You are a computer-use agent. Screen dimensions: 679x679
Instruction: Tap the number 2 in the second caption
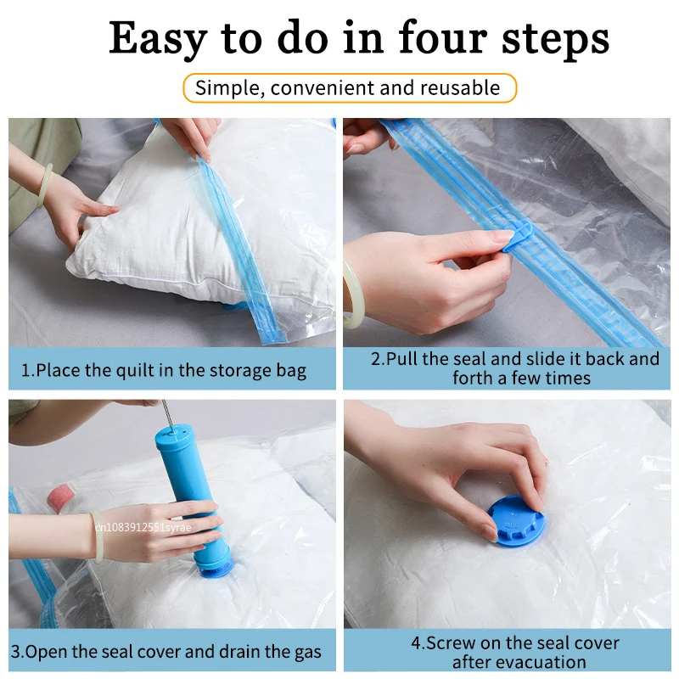[376, 359]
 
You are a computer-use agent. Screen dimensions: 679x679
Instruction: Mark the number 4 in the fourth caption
[416, 643]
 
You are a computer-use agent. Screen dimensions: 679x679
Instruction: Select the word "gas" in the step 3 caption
[306, 652]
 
